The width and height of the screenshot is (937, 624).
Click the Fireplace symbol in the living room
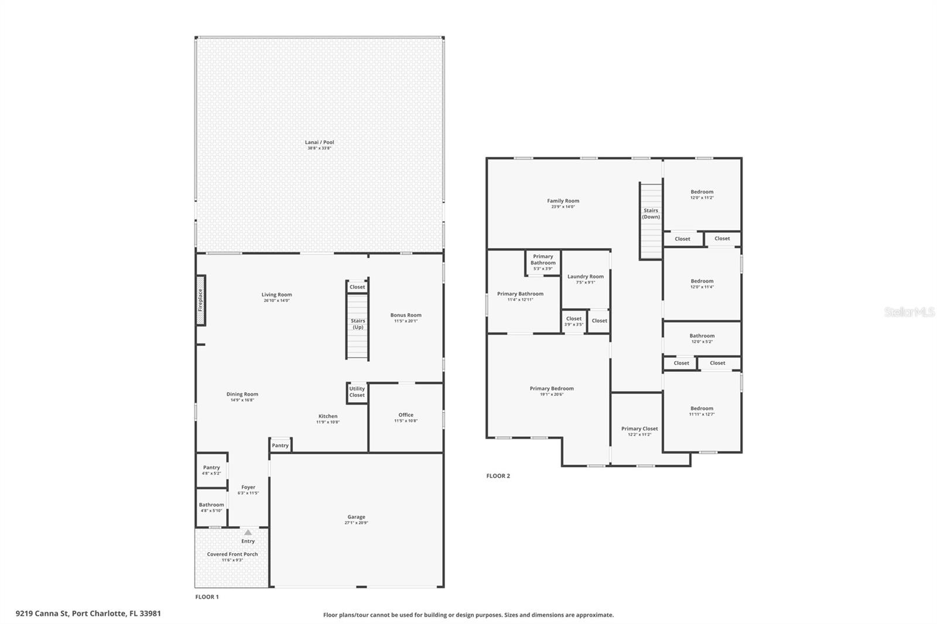(x=200, y=307)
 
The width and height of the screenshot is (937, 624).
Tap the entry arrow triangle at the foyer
(x=248, y=533)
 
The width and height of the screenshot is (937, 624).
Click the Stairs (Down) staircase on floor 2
(x=651, y=221)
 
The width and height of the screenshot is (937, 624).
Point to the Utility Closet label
(x=357, y=392)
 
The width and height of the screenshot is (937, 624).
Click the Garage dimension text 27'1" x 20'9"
(x=356, y=523)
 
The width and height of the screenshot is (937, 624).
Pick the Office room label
(x=406, y=415)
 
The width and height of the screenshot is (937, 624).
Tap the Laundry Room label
(x=585, y=276)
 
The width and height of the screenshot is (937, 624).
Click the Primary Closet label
(x=639, y=428)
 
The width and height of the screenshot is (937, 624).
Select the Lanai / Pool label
(x=319, y=142)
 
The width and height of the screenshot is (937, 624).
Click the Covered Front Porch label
(x=232, y=554)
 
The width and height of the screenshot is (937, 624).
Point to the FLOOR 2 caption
(x=498, y=476)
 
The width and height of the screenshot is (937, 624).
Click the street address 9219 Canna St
(x=88, y=613)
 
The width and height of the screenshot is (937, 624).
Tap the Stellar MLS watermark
(x=909, y=312)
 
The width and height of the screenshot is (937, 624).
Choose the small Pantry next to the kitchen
(x=280, y=445)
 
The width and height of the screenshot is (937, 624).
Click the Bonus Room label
(x=406, y=315)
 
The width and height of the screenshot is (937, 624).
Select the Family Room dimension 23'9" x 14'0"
(x=563, y=207)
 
